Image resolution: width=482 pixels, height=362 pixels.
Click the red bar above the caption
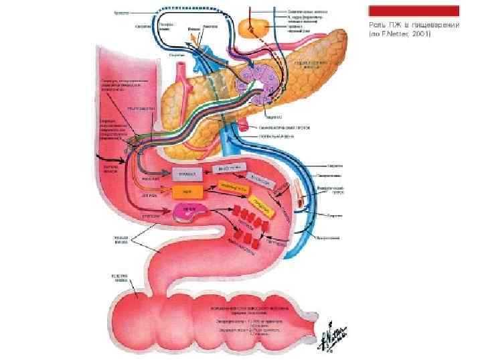(414, 11)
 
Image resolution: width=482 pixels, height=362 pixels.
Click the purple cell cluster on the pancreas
(257, 84)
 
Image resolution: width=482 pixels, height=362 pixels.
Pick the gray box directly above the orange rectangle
(187, 174)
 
